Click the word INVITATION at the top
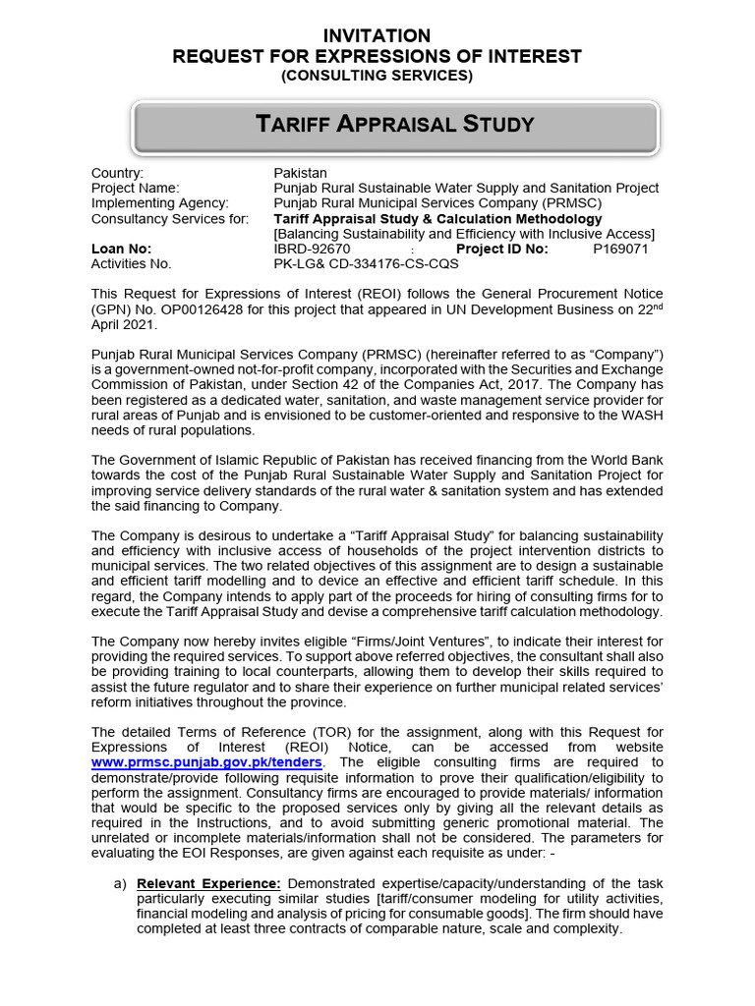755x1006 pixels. click(377, 36)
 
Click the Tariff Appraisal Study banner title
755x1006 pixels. click(394, 124)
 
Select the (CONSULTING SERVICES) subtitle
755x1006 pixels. click(377, 76)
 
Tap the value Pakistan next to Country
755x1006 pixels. click(301, 173)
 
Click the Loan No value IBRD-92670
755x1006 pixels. click(311, 249)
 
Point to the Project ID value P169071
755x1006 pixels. click(620, 249)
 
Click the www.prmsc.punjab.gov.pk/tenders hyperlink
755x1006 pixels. click(205, 762)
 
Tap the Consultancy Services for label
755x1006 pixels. click(169, 218)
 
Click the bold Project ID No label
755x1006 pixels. click(504, 249)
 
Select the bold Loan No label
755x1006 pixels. click(121, 249)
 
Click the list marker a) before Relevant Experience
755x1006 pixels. click(121, 883)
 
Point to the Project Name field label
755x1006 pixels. click(135, 188)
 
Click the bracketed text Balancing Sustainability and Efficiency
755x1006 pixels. click(463, 233)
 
